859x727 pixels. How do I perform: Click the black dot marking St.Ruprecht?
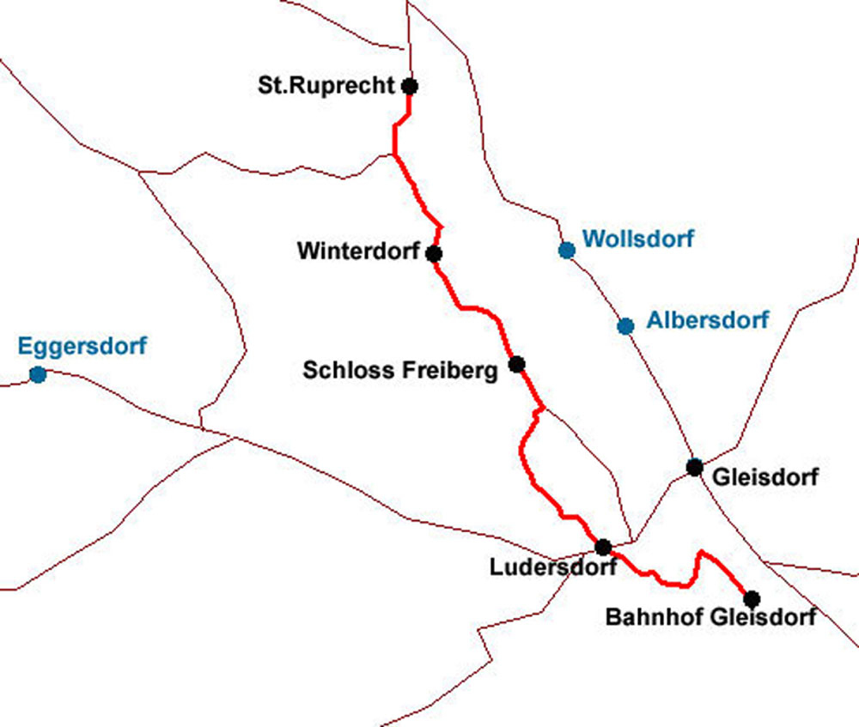click(410, 86)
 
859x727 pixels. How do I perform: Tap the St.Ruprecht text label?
click(326, 86)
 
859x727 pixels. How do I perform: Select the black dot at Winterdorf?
click(434, 253)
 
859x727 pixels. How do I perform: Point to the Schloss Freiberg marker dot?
click(516, 364)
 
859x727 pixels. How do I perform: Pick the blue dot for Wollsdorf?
click(566, 250)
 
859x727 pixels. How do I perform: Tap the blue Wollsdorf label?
click(637, 239)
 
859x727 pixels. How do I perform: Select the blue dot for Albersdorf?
click(625, 325)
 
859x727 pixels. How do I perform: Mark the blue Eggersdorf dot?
click(37, 374)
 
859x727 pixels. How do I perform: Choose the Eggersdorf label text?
click(82, 347)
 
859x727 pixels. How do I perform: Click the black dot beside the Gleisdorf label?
click(695, 467)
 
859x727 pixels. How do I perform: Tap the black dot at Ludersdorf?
click(603, 547)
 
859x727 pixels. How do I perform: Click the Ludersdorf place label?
click(552, 567)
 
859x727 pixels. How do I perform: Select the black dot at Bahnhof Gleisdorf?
click(752, 598)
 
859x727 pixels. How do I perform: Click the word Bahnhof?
click(644, 616)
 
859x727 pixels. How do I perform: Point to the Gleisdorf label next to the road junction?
click(766, 476)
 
